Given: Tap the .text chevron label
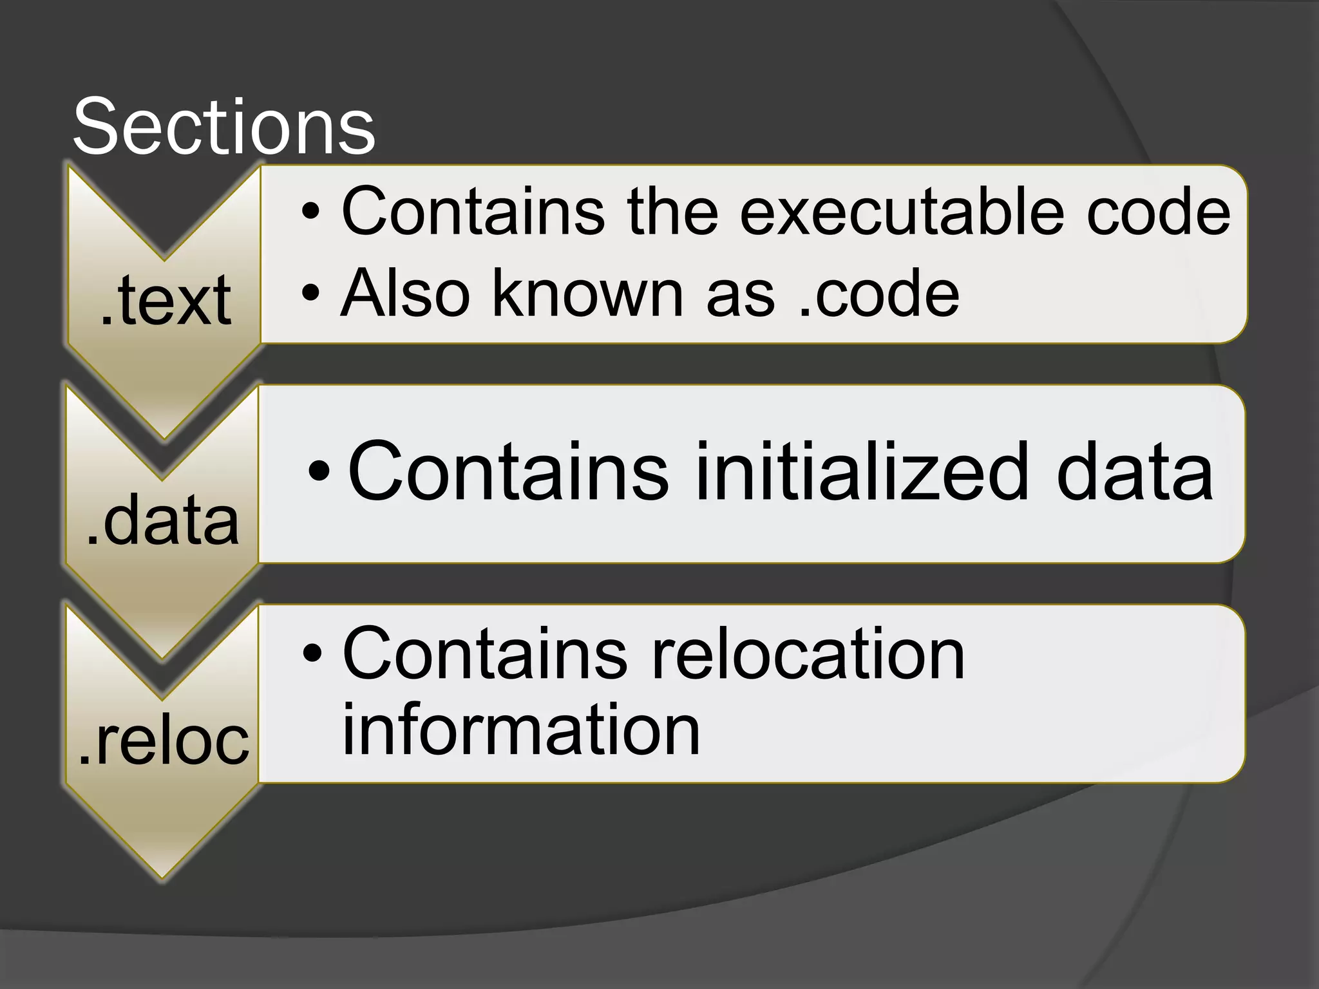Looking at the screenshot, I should click(x=166, y=300).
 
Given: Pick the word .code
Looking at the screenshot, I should click(x=878, y=294).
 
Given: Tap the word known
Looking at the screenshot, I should click(x=587, y=294).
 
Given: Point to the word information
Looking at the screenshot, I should click(x=520, y=730).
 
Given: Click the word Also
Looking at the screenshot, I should click(x=405, y=294).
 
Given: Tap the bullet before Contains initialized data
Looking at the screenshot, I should click(x=319, y=471).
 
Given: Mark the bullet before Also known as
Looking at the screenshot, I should click(x=310, y=294).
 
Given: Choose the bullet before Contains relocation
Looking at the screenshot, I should click(x=312, y=654).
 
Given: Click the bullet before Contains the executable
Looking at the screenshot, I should click(x=310, y=211).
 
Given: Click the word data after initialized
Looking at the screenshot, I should click(x=1135, y=471).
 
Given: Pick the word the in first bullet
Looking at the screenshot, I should click(x=672, y=211).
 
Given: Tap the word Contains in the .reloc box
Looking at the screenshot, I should click(x=484, y=654).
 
